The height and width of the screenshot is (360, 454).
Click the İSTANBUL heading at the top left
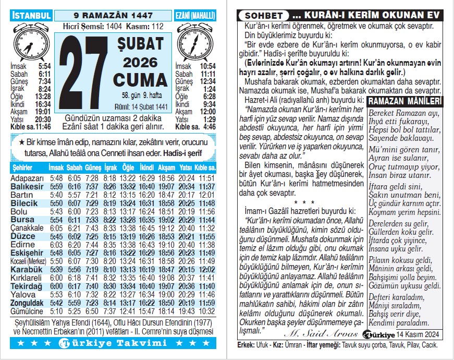tap(32, 16)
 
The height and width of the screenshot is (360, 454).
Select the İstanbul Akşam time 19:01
tap(43, 111)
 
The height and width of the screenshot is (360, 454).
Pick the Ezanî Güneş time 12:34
tap(207, 81)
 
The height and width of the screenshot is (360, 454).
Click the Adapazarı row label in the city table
tap(27, 178)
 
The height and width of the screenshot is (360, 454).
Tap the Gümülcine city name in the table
tap(27, 311)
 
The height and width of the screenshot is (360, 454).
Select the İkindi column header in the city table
tap(147, 168)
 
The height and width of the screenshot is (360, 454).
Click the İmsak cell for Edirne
tap(56, 245)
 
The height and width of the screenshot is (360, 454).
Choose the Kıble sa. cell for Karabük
tap(206, 269)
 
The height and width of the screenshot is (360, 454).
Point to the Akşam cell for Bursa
tap(166, 220)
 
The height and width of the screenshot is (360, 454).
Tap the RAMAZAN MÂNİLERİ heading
tap(404, 101)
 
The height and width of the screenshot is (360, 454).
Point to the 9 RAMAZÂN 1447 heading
tap(113, 16)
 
